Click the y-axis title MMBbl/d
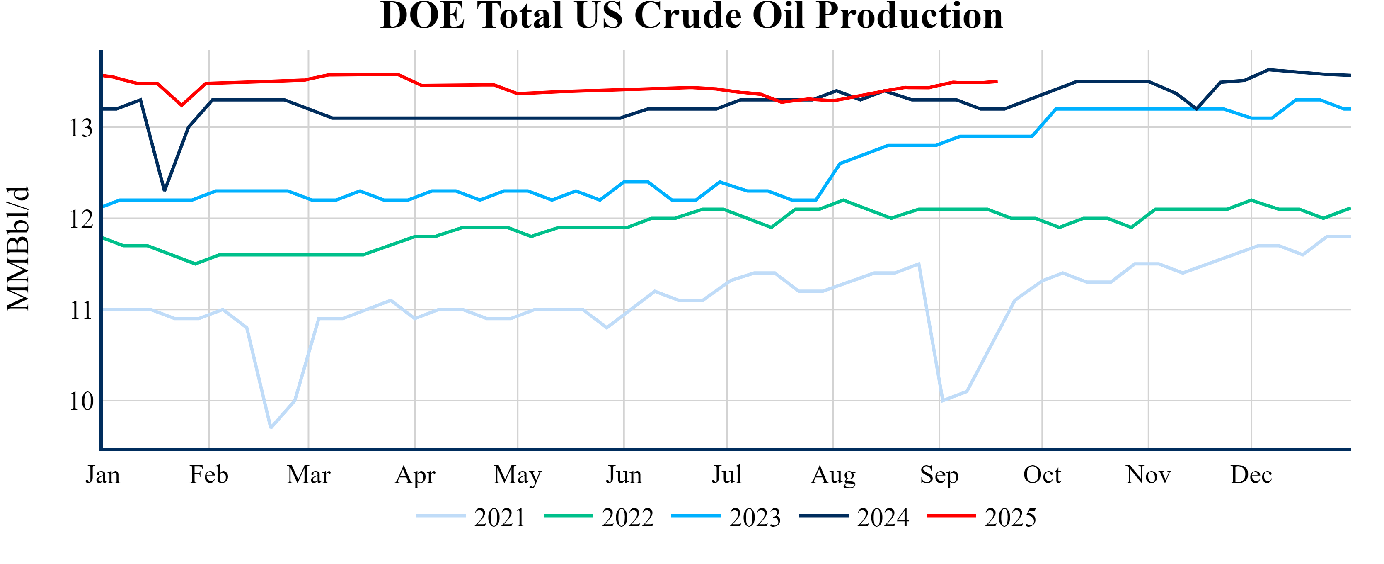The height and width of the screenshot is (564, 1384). [x=18, y=248]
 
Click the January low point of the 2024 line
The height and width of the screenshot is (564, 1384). [x=165, y=190]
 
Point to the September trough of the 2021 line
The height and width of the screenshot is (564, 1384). [x=942, y=401]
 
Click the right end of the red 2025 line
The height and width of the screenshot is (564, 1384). [x=997, y=82]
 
